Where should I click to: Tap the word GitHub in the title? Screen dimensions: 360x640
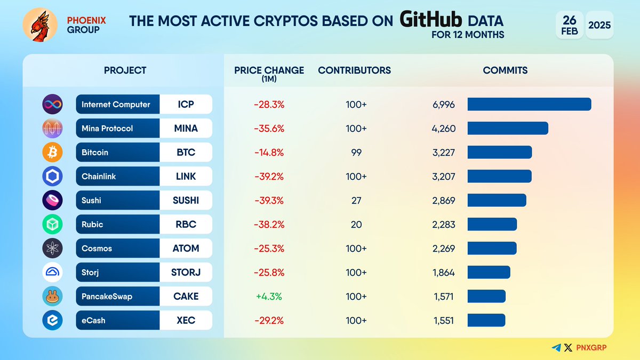[x=431, y=21]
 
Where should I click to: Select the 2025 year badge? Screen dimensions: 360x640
[x=599, y=25]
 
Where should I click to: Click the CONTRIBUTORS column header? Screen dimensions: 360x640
[x=354, y=70]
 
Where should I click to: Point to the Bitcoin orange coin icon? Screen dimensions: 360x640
[x=52, y=153]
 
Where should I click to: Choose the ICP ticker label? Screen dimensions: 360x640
[x=186, y=105]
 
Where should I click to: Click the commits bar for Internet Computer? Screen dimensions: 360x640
[x=529, y=105]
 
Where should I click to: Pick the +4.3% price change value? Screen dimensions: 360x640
[x=269, y=297]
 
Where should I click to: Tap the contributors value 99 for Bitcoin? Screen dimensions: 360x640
[x=356, y=153]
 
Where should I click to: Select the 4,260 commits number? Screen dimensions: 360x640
[x=444, y=129]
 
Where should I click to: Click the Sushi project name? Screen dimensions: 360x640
[x=92, y=201]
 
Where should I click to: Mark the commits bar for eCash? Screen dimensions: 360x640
[x=486, y=321]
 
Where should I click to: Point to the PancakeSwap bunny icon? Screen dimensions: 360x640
[x=52, y=297]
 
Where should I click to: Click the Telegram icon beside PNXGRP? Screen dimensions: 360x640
[x=556, y=348]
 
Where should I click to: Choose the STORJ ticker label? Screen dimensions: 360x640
[x=186, y=273]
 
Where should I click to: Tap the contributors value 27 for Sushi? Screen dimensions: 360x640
[x=356, y=201]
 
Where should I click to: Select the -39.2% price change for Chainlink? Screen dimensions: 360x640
[x=269, y=177]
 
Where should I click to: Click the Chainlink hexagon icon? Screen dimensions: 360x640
[x=52, y=177]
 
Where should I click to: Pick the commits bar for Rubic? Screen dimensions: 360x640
[x=492, y=225]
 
